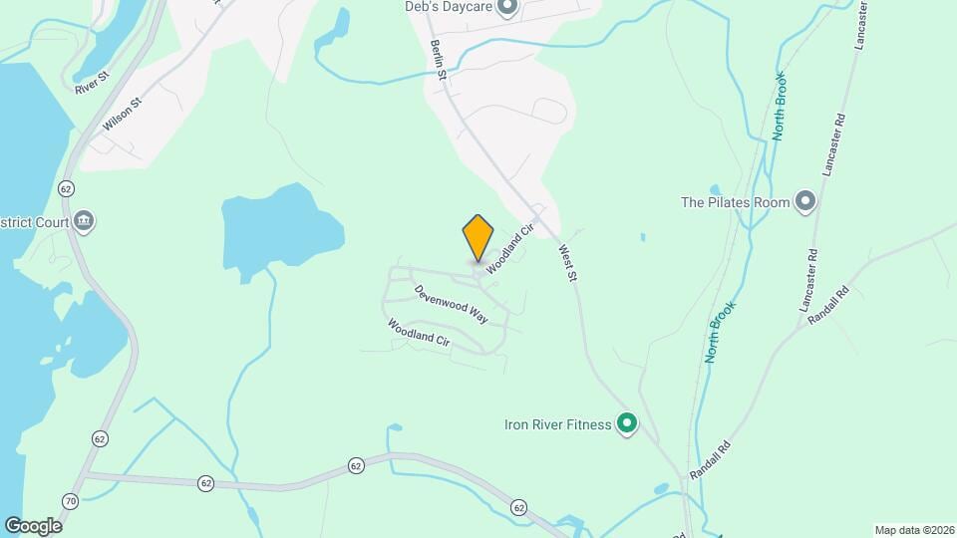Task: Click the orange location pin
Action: [478, 238]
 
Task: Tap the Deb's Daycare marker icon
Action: [506, 9]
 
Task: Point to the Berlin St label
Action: [438, 61]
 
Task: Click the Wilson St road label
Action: [123, 115]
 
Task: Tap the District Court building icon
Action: [85, 220]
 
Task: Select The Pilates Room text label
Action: [736, 202]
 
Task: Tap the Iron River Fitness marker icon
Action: [627, 424]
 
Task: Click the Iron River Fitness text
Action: [556, 424]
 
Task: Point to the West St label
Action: [568, 264]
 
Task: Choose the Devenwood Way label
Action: [452, 304]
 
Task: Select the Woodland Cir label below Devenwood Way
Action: [419, 332]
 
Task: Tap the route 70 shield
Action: [70, 500]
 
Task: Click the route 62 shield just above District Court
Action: [66, 188]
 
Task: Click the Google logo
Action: [33, 525]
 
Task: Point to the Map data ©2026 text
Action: [913, 530]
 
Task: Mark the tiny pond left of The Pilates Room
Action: [715, 188]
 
